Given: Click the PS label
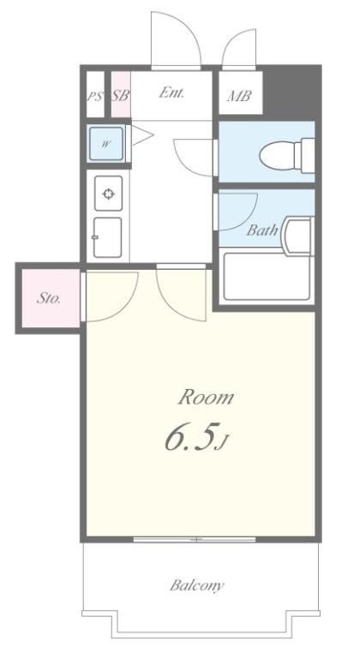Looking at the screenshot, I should tap(93, 96).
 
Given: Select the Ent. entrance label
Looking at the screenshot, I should tap(172, 93).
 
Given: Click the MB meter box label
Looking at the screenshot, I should tap(238, 97).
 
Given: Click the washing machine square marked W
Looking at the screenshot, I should tap(106, 143).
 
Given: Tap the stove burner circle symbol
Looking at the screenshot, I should tap(109, 194).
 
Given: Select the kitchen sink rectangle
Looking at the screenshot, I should tap(108, 237).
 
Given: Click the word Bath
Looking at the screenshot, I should tap(261, 230).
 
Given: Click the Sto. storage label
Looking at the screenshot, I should tap(49, 299).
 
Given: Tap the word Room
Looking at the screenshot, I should tap(206, 398).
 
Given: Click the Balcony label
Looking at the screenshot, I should tap(196, 586).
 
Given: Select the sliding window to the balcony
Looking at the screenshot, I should tap(195, 540).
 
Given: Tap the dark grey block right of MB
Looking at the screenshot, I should tap(291, 93).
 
